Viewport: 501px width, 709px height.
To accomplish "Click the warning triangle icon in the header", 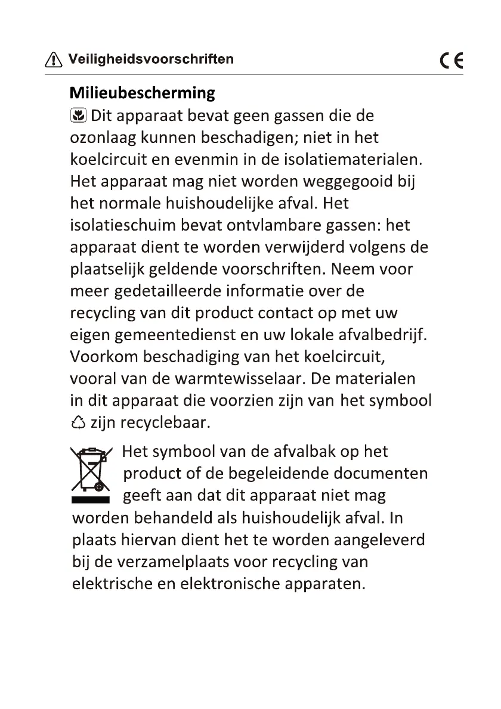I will tap(54, 60).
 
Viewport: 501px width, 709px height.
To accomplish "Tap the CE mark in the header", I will tap(451, 61).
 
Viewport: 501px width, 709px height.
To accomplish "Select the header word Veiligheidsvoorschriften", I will tap(150, 59).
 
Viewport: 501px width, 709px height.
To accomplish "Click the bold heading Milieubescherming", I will tap(142, 93).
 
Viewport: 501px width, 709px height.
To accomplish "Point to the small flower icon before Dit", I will tap(78, 115).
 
